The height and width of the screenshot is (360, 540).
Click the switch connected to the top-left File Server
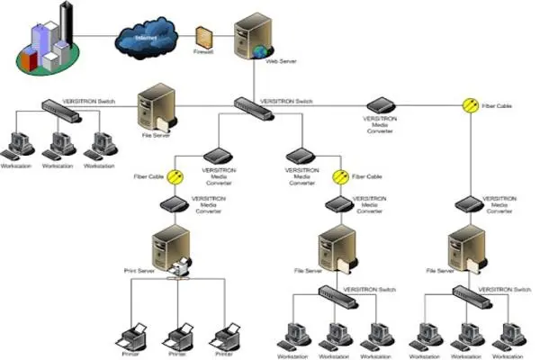[58, 107]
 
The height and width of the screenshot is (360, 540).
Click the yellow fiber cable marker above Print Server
[178, 176]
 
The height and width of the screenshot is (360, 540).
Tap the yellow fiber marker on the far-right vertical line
[468, 105]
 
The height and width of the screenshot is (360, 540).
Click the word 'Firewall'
[202, 54]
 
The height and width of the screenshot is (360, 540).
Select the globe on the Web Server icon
[261, 52]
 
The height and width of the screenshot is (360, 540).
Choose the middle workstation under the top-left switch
[58, 146]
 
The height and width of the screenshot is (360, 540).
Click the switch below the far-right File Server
[468, 292]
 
